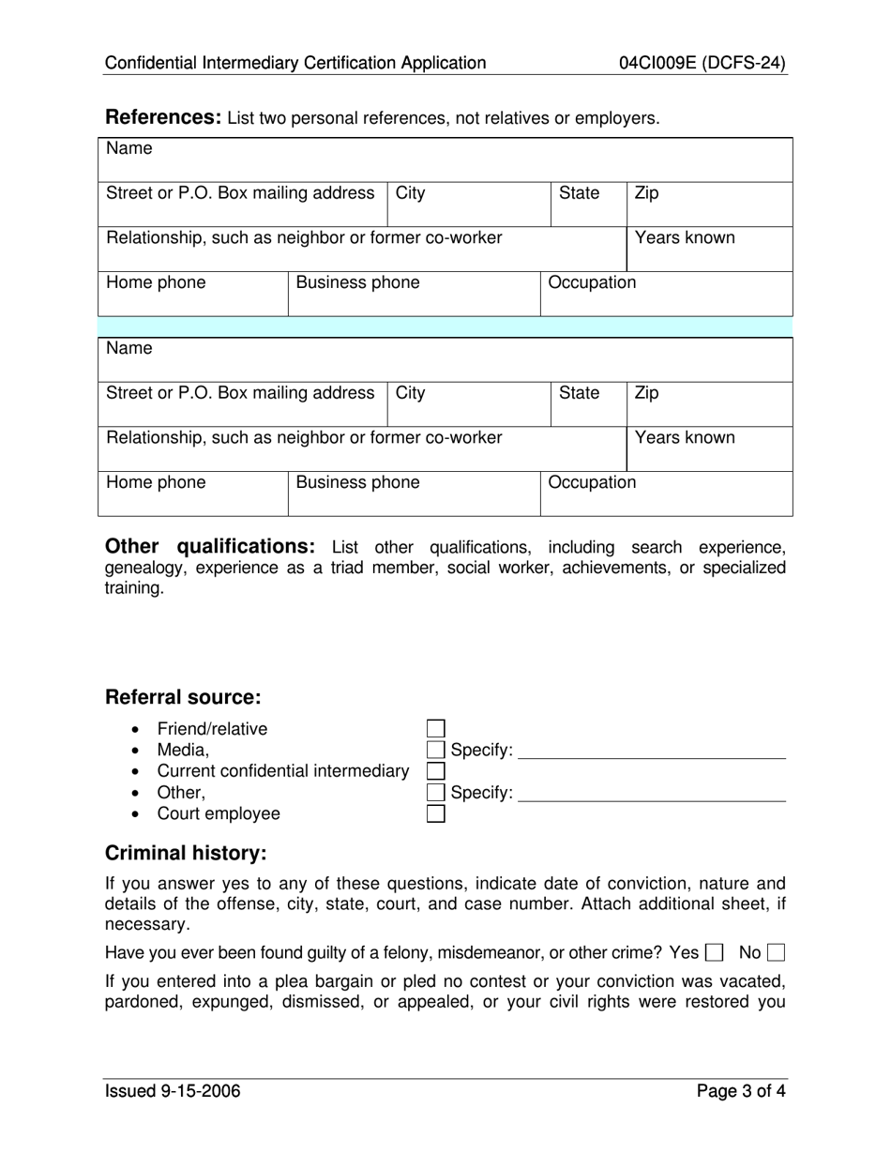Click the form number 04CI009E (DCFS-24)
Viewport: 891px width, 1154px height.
click(702, 64)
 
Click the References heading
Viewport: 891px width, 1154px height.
click(162, 117)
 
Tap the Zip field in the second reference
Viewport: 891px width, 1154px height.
click(709, 404)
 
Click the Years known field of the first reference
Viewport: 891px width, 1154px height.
click(709, 250)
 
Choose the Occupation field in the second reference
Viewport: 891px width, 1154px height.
click(666, 494)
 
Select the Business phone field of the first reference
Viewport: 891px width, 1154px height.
click(413, 295)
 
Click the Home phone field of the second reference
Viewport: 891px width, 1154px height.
click(192, 494)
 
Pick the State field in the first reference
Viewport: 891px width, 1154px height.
click(587, 205)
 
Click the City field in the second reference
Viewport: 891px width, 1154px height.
click(468, 404)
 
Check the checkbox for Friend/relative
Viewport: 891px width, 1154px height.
click(435, 729)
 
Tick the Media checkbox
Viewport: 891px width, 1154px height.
click(435, 750)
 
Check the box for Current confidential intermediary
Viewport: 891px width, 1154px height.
click(435, 771)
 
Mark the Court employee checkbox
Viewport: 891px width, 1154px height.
click(435, 813)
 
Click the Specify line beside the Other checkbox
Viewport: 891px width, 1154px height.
click(651, 793)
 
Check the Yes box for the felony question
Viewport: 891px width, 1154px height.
click(714, 953)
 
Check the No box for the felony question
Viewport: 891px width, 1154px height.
click(776, 953)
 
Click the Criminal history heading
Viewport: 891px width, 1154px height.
click(186, 853)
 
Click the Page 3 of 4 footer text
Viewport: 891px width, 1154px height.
click(741, 1091)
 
